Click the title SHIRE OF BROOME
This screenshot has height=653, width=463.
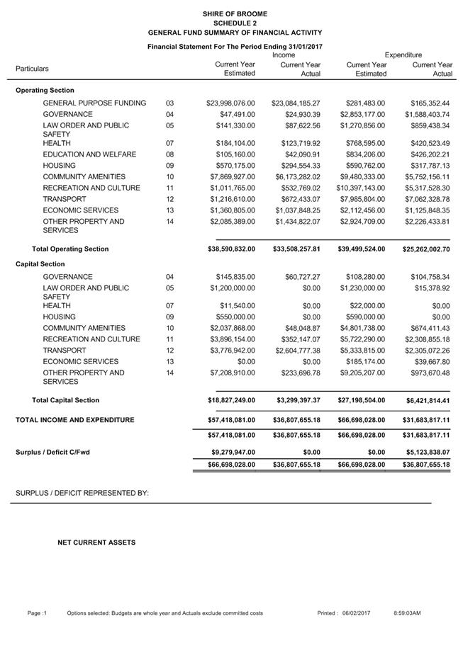(235, 13)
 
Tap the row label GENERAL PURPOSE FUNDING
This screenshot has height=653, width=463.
(94, 103)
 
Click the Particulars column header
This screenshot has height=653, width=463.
(33, 69)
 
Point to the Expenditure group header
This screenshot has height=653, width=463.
(403, 55)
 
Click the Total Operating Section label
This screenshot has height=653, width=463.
(70, 249)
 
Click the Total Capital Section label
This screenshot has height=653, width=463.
(65, 400)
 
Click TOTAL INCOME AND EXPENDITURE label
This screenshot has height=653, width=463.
(75, 420)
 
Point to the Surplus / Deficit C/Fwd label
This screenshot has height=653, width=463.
(53, 452)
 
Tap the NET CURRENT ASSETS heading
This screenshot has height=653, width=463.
(96, 543)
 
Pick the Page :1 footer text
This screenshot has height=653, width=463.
(37, 613)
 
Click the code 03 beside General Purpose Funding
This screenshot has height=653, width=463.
(169, 103)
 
